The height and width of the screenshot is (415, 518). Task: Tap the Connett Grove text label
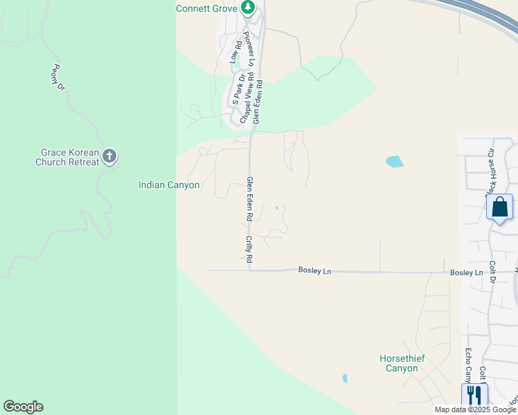tap(206, 8)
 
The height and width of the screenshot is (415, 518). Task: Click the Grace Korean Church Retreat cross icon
tap(109, 156)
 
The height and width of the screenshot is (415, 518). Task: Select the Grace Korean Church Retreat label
tap(67, 157)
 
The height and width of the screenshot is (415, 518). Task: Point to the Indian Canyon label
tap(169, 185)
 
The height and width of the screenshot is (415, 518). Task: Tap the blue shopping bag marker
tap(499, 207)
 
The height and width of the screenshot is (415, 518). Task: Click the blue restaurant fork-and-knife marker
tap(474, 395)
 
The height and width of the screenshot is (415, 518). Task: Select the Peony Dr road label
tap(58, 77)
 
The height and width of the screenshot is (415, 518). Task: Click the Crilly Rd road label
tap(248, 249)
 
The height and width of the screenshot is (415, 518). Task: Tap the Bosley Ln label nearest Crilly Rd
tap(315, 270)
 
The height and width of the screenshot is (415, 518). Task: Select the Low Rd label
tap(234, 53)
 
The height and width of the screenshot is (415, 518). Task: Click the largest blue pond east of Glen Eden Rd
tap(394, 162)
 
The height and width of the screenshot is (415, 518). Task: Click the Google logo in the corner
tap(23, 407)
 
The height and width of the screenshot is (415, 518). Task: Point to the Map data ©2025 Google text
tap(474, 409)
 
